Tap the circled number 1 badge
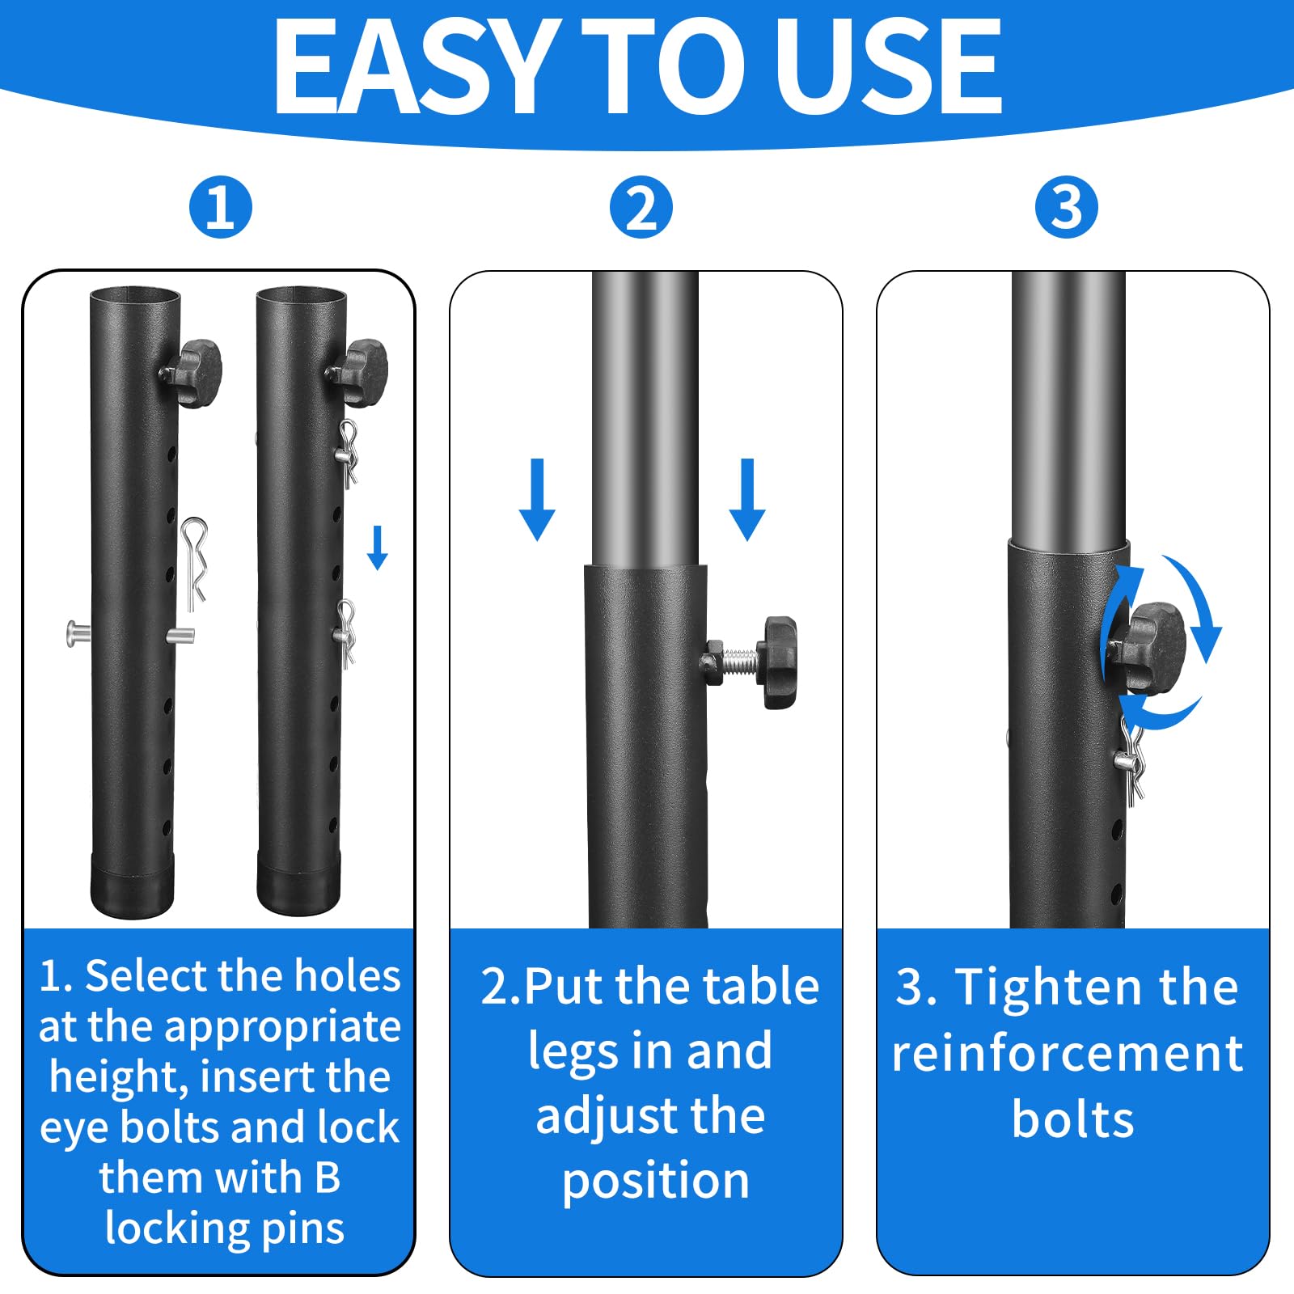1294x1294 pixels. [x=221, y=207]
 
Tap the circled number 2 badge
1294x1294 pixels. [x=641, y=207]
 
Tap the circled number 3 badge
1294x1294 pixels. [x=1066, y=207]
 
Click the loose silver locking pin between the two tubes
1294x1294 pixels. [x=194, y=562]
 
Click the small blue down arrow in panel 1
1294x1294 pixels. [x=378, y=548]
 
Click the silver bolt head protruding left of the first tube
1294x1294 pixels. [x=75, y=632]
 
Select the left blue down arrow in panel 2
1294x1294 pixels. [x=537, y=499]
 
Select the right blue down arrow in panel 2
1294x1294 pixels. [x=746, y=499]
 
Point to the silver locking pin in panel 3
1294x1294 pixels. [x=1131, y=760]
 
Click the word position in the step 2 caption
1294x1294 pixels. [x=656, y=1182]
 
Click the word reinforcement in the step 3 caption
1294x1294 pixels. [x=1067, y=1054]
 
